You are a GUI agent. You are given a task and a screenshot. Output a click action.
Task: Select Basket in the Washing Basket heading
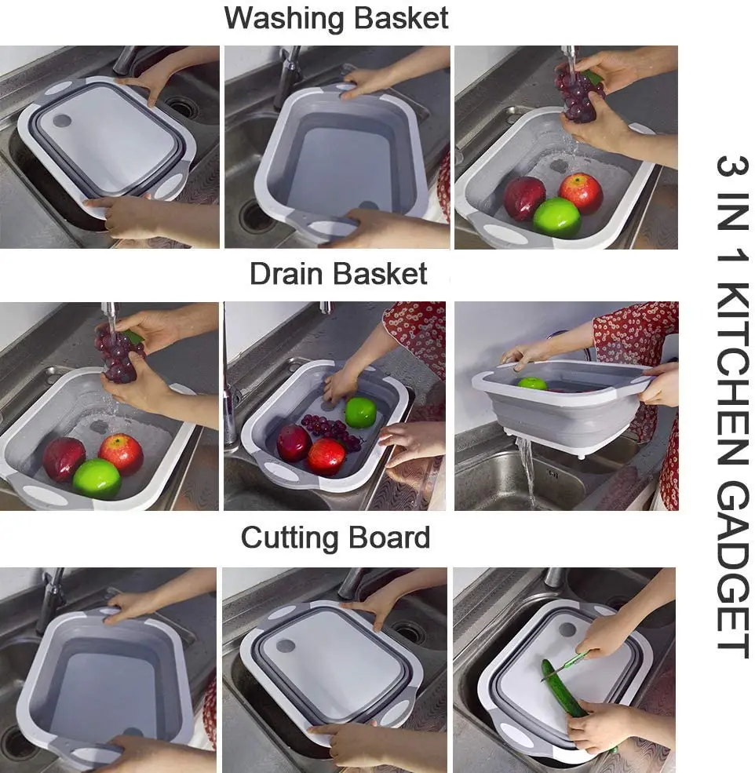click(401, 18)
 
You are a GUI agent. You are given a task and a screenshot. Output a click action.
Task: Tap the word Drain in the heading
click(286, 274)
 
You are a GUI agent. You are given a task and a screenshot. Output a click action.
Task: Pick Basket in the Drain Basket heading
click(381, 274)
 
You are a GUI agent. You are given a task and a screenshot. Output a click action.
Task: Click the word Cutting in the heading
click(287, 538)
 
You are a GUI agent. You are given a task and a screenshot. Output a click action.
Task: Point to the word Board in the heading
click(390, 538)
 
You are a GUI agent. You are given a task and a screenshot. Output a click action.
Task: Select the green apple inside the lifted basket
click(533, 383)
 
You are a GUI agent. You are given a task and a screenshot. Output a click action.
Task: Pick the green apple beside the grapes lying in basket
click(360, 412)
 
